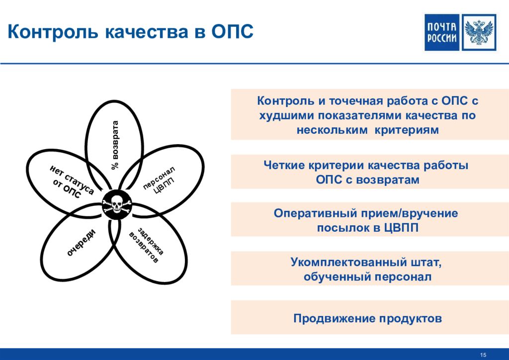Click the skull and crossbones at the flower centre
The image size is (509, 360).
pos(117,205)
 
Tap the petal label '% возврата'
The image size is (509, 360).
pos(115,145)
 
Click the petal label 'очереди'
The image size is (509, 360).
pos(81,243)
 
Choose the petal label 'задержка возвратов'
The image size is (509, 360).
pos(147,245)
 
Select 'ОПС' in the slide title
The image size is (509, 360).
pos(233,31)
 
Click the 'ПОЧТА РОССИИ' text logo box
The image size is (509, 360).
pos(442,32)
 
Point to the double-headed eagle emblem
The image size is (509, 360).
pos(479,32)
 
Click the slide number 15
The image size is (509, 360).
pos(483,355)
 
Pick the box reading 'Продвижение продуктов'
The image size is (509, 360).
pos(368,317)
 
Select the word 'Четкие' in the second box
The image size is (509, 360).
pos(284,165)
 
